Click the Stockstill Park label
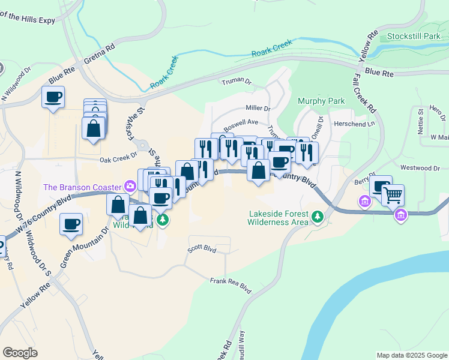pyautogui.click(x=414, y=37)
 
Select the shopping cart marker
pyautogui.click(x=393, y=194)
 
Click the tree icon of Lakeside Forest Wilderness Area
pyautogui.click(x=317, y=215)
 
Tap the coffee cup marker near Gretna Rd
pyautogui.click(x=53, y=96)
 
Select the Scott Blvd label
pyautogui.click(x=201, y=248)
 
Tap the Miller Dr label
pyautogui.click(x=258, y=109)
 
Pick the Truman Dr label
pyautogui.click(x=235, y=82)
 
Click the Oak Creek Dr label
pyautogui.click(x=118, y=160)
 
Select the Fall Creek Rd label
pyautogui.click(x=365, y=92)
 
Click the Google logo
pyautogui.click(x=20, y=353)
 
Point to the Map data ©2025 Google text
pyautogui.click(x=411, y=355)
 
